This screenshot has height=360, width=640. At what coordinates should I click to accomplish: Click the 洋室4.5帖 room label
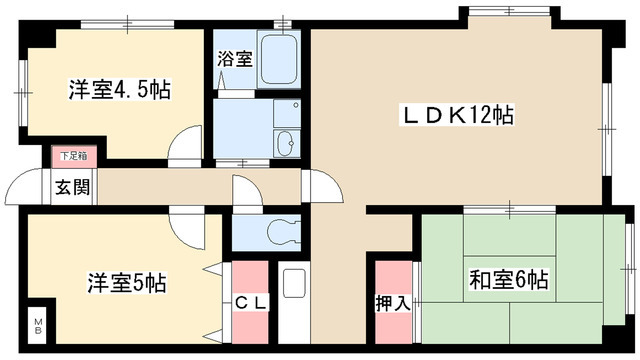point(119,89)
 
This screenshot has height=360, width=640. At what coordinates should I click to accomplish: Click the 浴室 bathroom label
point(234,59)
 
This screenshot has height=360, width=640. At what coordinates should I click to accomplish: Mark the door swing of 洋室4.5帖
point(186,150)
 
